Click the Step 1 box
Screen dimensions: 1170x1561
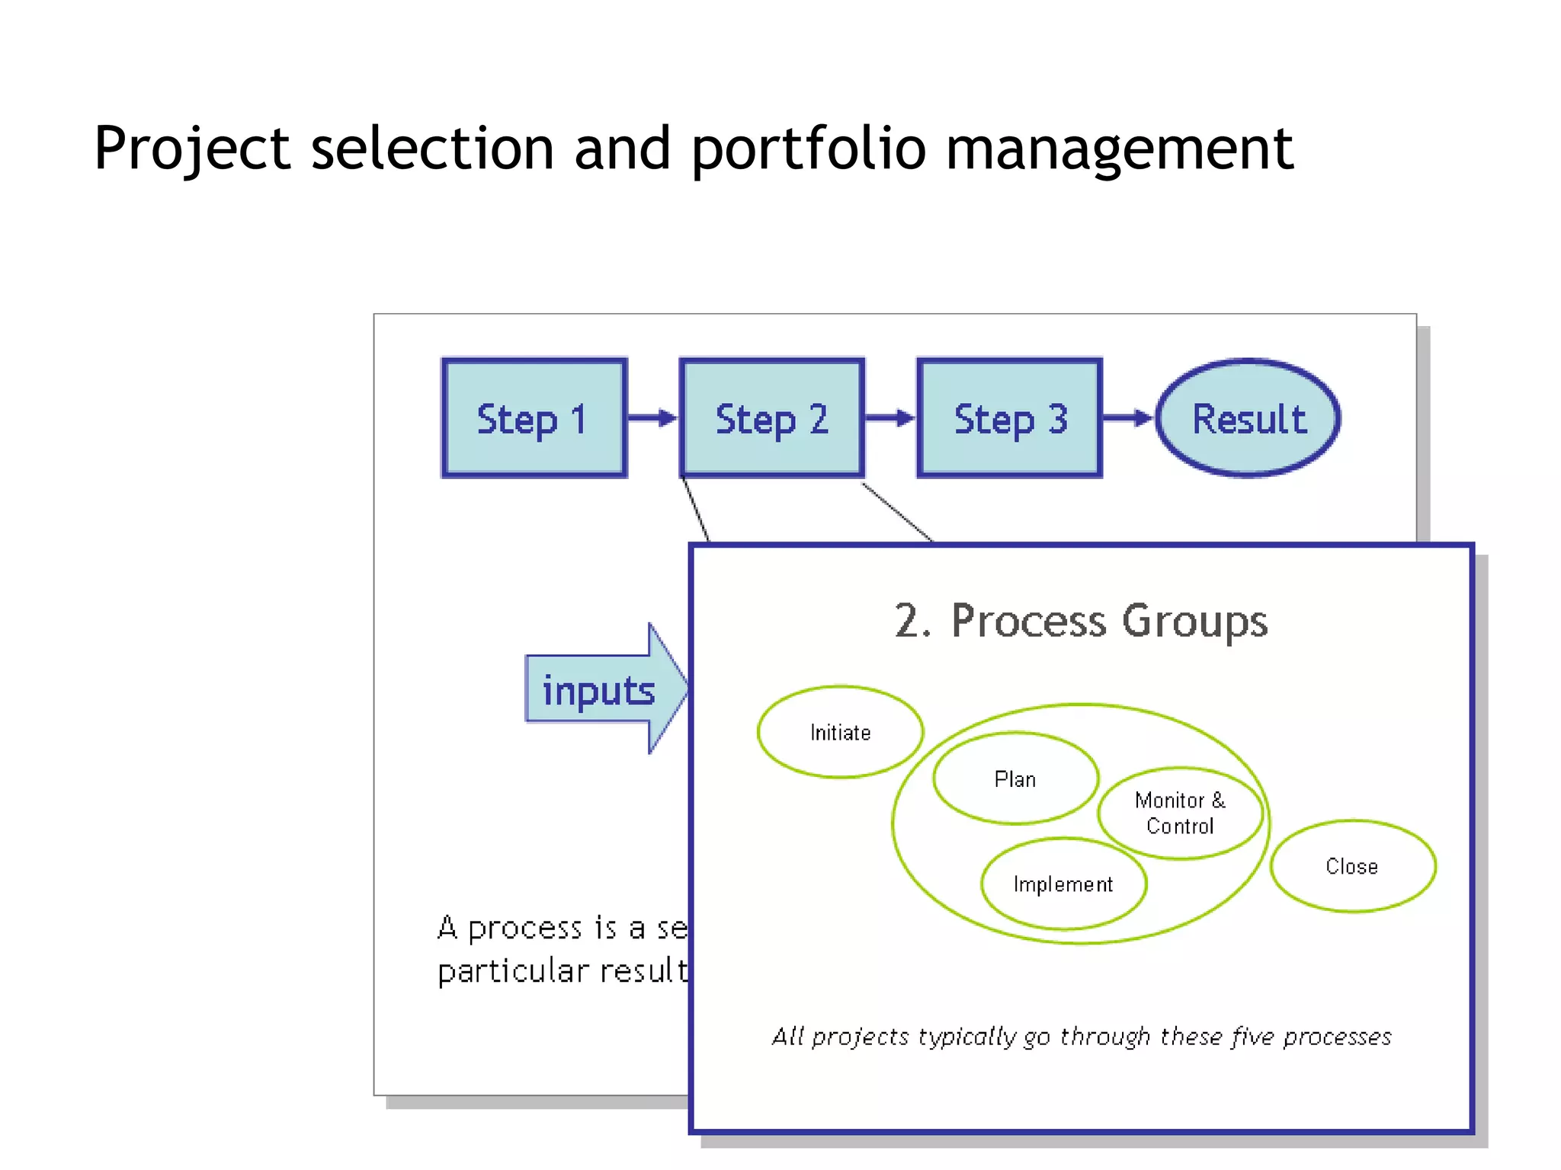click(534, 418)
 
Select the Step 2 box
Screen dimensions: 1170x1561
click(771, 418)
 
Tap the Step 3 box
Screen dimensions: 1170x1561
click(1009, 418)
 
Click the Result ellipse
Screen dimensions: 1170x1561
click(1248, 418)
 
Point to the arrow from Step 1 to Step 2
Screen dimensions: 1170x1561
click(652, 417)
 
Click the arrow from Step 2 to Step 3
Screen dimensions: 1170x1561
click(889, 417)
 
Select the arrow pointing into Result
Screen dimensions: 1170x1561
click(1127, 417)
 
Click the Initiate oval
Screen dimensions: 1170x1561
click(840, 732)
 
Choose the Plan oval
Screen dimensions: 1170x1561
click(1014, 778)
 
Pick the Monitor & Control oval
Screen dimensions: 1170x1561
click(1180, 813)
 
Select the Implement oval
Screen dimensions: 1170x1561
click(1063, 884)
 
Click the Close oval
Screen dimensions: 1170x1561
click(1352, 866)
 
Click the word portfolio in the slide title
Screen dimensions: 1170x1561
click(808, 149)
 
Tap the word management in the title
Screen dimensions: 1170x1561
click(1119, 149)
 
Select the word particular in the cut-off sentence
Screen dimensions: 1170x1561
click(513, 971)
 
